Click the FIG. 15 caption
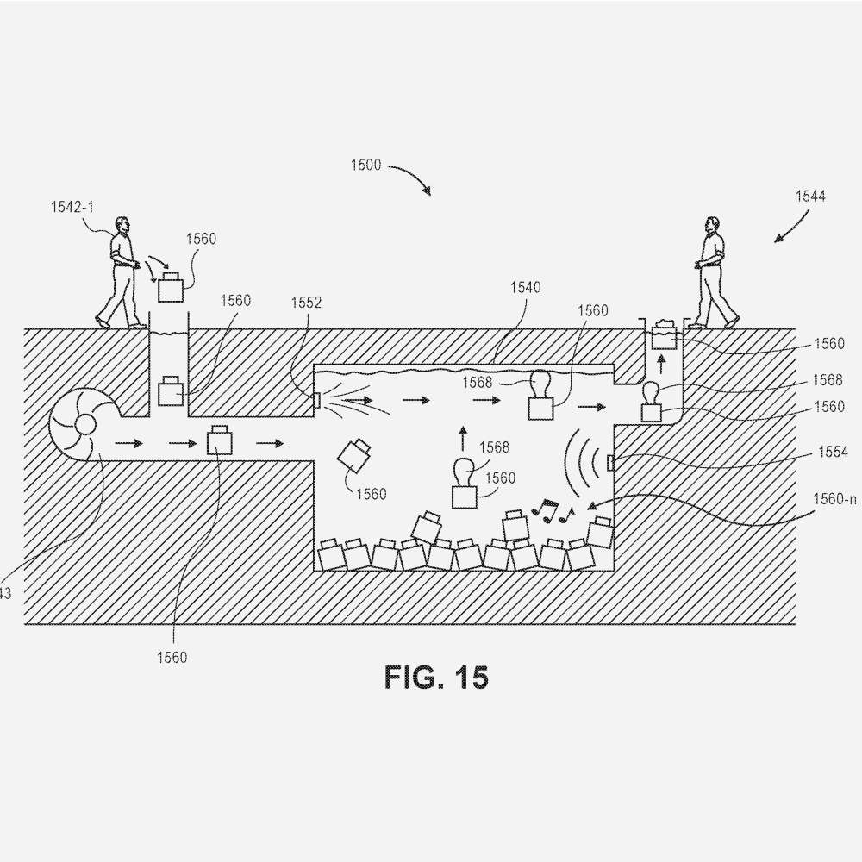pyautogui.click(x=436, y=678)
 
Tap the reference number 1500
pyautogui.click(x=365, y=166)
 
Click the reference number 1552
pyautogui.click(x=305, y=303)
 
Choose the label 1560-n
pyautogui.click(x=834, y=497)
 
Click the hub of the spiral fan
pyautogui.click(x=84, y=423)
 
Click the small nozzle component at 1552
pyautogui.click(x=317, y=401)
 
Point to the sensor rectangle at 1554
pyautogui.click(x=611, y=463)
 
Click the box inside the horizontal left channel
pyautogui.click(x=220, y=440)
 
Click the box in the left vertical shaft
pyautogui.click(x=170, y=391)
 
